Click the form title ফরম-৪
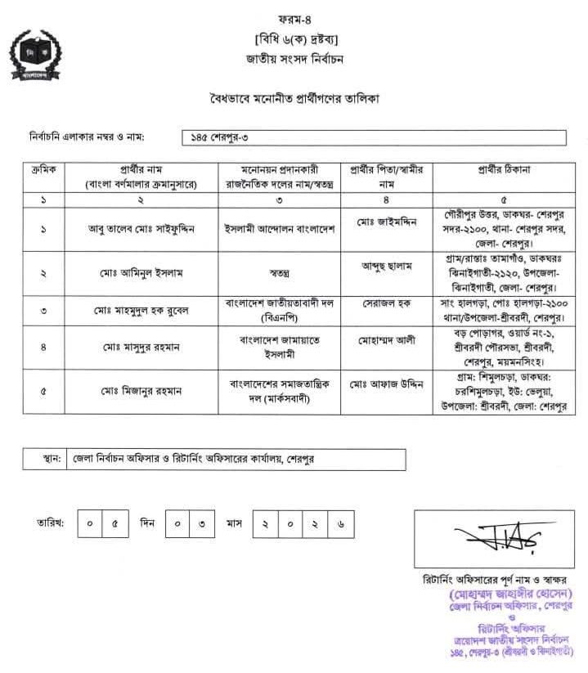click(295, 16)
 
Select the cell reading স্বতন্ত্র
click(278, 271)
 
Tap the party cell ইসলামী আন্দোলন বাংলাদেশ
click(278, 230)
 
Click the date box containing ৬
click(339, 523)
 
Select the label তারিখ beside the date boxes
click(52, 522)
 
